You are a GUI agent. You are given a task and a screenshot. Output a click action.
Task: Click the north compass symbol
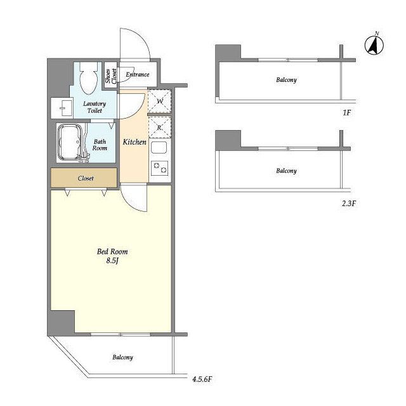pyautogui.click(x=374, y=44)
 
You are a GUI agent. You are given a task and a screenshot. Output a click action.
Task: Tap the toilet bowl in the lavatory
pyautogui.click(x=88, y=77)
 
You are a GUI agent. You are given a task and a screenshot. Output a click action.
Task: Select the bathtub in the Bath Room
pyautogui.click(x=70, y=142)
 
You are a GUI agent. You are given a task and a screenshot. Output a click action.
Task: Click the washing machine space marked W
pyautogui.click(x=159, y=101)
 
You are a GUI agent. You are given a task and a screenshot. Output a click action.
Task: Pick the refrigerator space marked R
pyautogui.click(x=159, y=127)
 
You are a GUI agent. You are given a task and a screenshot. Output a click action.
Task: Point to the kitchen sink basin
pyautogui.click(x=159, y=148)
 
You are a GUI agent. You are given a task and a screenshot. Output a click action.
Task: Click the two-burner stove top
pyautogui.click(x=159, y=168)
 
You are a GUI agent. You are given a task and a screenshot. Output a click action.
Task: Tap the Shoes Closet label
pyautogui.click(x=111, y=76)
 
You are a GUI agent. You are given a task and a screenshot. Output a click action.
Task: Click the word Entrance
pyautogui.click(x=138, y=75)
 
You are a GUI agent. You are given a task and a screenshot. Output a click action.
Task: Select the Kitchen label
pyautogui.click(x=134, y=142)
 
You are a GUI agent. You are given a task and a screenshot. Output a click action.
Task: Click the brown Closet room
pyautogui.click(x=84, y=178)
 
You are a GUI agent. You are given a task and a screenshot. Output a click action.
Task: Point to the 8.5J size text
pyautogui.click(x=112, y=261)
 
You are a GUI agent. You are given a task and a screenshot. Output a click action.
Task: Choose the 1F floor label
pyautogui.click(x=347, y=113)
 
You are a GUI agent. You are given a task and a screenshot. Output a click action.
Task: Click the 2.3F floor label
pyautogui.click(x=349, y=204)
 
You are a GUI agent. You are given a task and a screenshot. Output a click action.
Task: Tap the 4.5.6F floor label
pyautogui.click(x=202, y=379)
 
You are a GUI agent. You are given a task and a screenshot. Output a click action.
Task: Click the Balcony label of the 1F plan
pyautogui.click(x=286, y=80)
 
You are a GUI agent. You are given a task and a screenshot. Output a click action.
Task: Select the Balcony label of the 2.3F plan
pyautogui.click(x=286, y=171)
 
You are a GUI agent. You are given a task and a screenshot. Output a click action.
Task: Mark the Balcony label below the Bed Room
pyautogui.click(x=122, y=358)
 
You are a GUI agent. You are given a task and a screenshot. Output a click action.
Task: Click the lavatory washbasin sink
pyautogui.click(x=62, y=108)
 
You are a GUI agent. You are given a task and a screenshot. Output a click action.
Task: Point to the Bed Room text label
pyautogui.click(x=112, y=251)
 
